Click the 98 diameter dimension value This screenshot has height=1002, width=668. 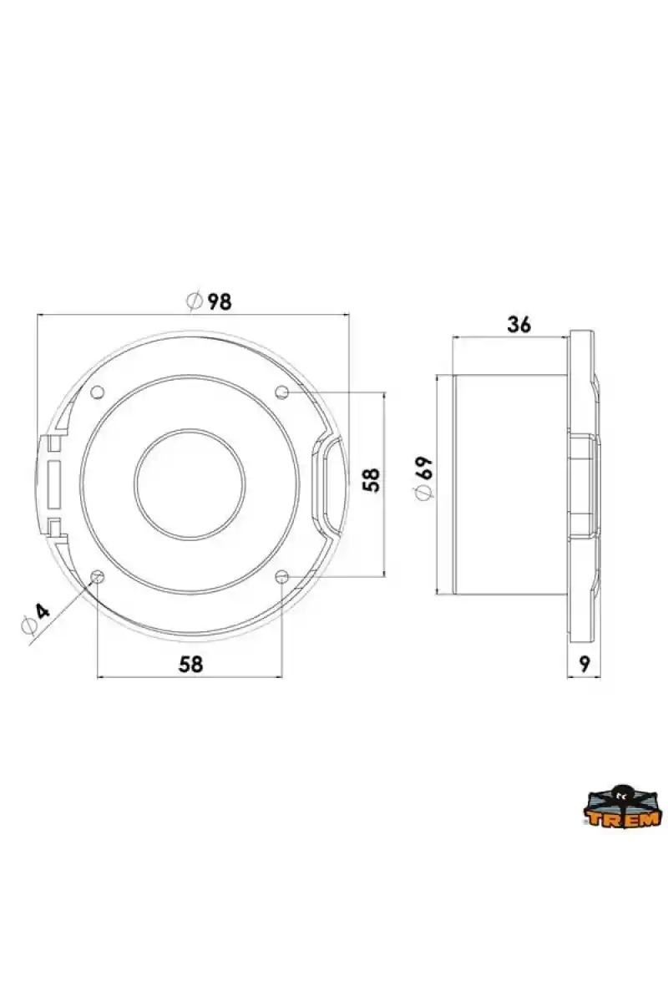click(220, 302)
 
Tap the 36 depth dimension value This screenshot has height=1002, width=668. click(519, 325)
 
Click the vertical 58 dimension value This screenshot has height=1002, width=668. click(372, 479)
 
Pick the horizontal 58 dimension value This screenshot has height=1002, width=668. click(190, 664)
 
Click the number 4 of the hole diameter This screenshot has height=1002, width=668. click(43, 610)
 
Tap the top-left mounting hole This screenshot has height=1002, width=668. click(97, 392)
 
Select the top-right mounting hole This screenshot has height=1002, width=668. click(282, 392)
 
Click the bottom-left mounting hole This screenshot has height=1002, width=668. click(97, 577)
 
